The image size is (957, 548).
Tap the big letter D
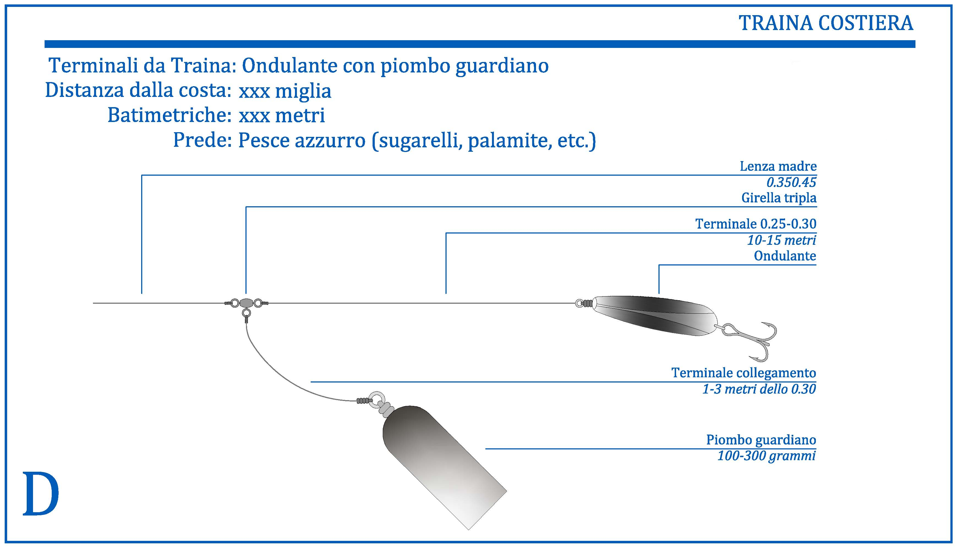41,494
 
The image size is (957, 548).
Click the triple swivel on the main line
246,306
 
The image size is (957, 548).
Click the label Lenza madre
778,166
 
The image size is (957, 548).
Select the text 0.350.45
791,183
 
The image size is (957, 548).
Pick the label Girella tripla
779,198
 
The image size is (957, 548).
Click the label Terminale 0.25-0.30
756,224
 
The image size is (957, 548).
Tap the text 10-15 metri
781,240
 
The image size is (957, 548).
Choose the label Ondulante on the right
785,256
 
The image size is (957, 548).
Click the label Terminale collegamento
744,373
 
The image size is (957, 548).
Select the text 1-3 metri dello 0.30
759,389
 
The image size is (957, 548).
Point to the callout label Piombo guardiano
761,440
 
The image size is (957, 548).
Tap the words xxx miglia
285,91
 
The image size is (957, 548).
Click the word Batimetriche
169,115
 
